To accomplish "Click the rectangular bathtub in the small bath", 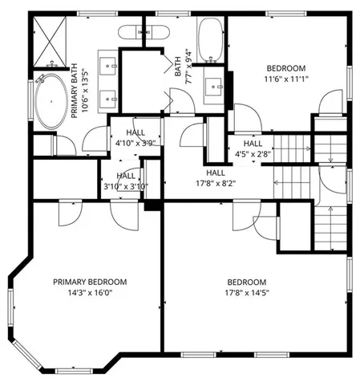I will point(210,40).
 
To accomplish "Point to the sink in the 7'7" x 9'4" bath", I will point(215,83).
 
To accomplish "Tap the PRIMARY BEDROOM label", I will point(90,282).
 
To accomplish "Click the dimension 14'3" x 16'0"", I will point(90,293).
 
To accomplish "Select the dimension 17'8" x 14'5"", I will point(246,293).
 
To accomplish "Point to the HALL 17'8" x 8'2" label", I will point(215,177).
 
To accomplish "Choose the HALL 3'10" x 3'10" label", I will point(126,181).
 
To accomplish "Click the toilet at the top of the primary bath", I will point(145,33).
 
